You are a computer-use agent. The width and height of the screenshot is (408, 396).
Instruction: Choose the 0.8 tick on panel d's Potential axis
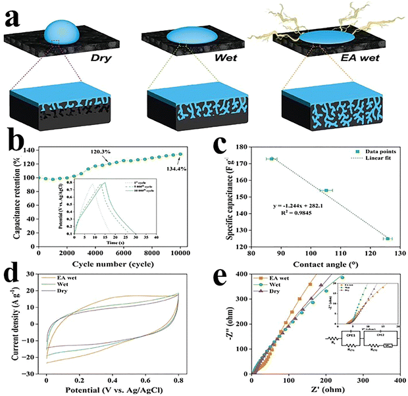178,380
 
